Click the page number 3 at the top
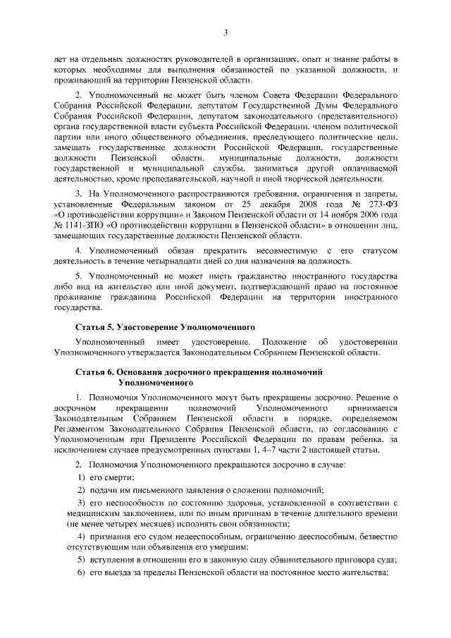[x=225, y=32]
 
